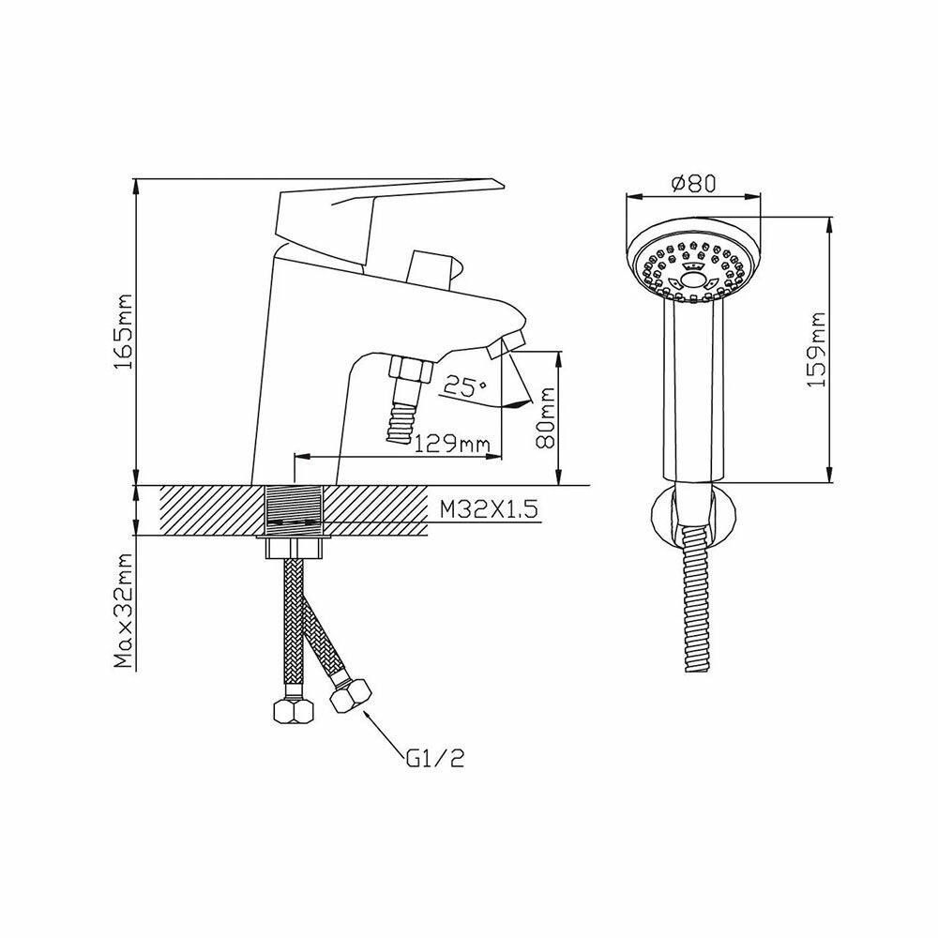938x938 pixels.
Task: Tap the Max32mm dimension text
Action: point(123,609)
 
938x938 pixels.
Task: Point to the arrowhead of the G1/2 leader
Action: point(361,715)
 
